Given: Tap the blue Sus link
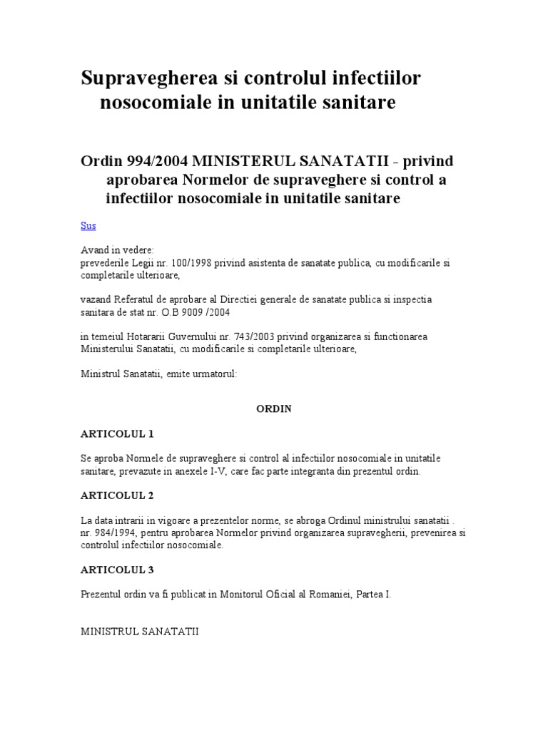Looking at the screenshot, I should click(x=88, y=225).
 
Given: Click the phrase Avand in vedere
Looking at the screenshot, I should click(x=113, y=250).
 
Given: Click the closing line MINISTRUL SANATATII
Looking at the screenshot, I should click(x=140, y=632).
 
